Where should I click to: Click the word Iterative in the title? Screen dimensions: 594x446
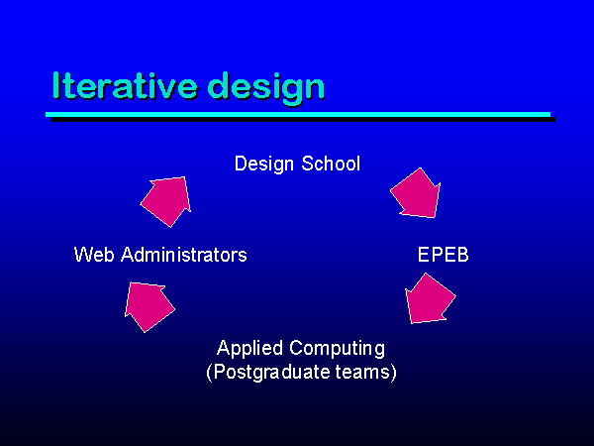coord(125,86)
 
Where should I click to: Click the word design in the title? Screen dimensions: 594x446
coord(266,89)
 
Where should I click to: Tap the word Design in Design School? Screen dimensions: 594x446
coord(264,165)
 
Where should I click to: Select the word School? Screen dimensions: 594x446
coord(331,164)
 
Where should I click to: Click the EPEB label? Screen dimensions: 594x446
coord(443,255)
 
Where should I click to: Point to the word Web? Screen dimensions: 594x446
coord(94,255)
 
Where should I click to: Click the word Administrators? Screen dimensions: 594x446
coord(184,255)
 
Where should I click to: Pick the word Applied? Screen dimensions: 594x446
coord(249,349)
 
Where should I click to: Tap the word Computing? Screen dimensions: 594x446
coord(338,349)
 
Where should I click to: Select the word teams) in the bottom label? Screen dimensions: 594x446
coord(365,372)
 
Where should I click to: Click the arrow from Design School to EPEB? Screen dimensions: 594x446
coord(416,193)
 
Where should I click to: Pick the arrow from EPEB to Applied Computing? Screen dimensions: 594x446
coord(430,299)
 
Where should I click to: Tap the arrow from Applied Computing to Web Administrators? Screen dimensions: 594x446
coord(148,306)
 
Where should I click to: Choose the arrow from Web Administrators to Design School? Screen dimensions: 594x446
coord(166,201)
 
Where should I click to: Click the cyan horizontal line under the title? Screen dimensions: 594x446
coord(298,115)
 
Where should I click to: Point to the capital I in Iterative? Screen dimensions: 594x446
coord(56,85)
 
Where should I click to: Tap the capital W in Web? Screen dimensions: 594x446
coord(83,255)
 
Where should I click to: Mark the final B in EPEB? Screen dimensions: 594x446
coord(462,255)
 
